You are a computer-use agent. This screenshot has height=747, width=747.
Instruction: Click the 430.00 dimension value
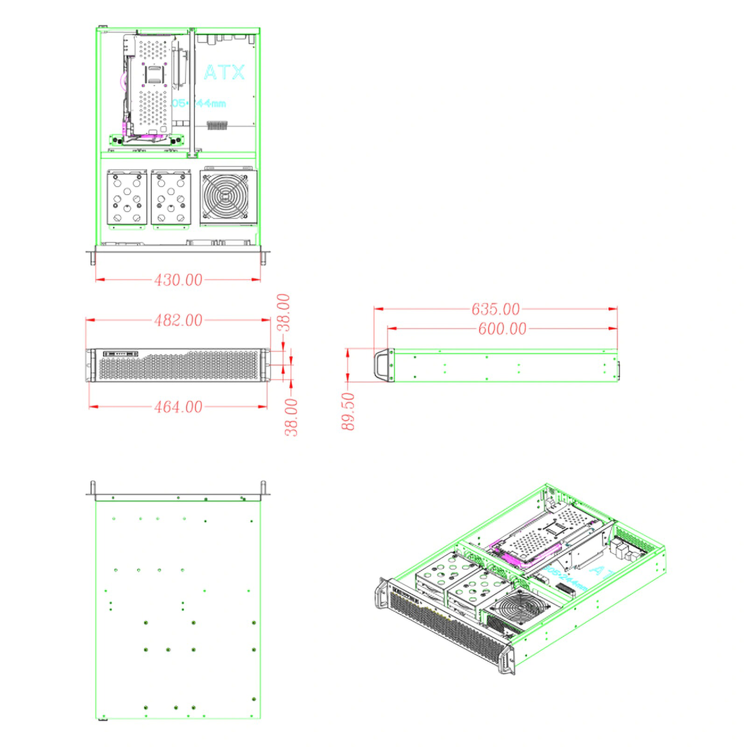(178, 280)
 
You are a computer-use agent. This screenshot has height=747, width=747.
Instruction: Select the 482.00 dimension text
(178, 320)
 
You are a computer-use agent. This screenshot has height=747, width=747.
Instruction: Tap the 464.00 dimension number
(178, 407)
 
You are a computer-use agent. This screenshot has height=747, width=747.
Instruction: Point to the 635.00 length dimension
(495, 309)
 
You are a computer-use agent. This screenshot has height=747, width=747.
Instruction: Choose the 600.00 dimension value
(502, 329)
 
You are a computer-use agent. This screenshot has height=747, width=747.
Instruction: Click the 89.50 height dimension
(348, 411)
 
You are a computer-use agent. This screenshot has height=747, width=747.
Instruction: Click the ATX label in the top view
(224, 72)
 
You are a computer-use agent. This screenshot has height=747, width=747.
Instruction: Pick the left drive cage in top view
(127, 198)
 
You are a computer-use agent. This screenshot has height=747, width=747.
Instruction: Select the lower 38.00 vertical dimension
(291, 417)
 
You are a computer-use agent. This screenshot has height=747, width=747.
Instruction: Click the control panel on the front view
(120, 354)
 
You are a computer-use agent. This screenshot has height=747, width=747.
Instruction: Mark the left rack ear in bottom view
(92, 489)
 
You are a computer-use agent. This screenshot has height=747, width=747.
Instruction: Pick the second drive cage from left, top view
(171, 198)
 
